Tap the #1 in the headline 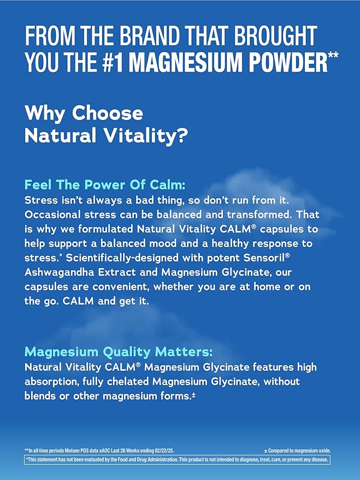[x=113, y=62]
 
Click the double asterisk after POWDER [x=333, y=56]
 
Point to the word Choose [x=108, y=113]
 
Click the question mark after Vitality [x=182, y=135]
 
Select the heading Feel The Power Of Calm [x=105, y=185]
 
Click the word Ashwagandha [x=59, y=272]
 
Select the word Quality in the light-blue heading [x=126, y=352]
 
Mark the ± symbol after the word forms [x=193, y=395]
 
